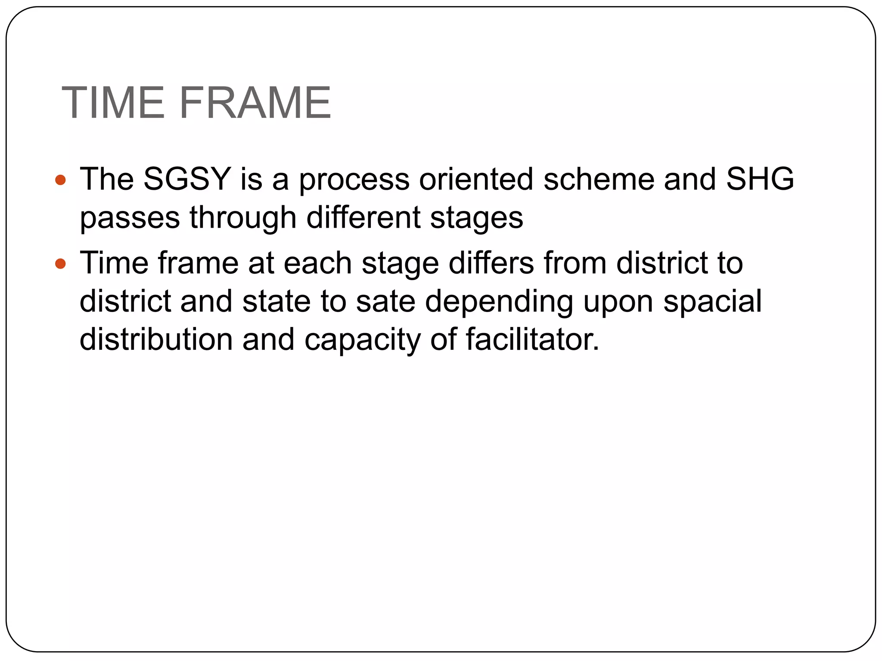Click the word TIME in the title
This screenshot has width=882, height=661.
113,103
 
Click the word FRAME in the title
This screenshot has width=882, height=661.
255,103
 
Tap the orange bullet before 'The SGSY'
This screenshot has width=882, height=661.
61,179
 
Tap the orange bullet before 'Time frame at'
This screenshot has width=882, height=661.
61,263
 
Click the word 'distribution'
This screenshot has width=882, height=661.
156,339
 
